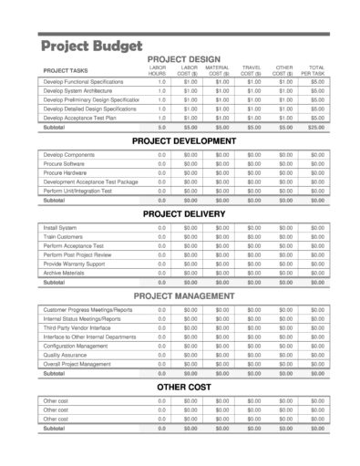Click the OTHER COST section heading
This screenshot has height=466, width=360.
[x=184, y=387]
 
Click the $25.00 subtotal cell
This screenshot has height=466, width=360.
[x=316, y=127]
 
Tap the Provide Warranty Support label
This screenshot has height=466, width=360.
[x=72, y=264]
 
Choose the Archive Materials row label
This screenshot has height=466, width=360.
[x=64, y=273]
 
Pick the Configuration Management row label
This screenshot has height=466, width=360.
[x=76, y=346]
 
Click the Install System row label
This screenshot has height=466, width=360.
[x=61, y=227]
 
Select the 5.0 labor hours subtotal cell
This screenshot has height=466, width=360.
[x=161, y=127]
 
